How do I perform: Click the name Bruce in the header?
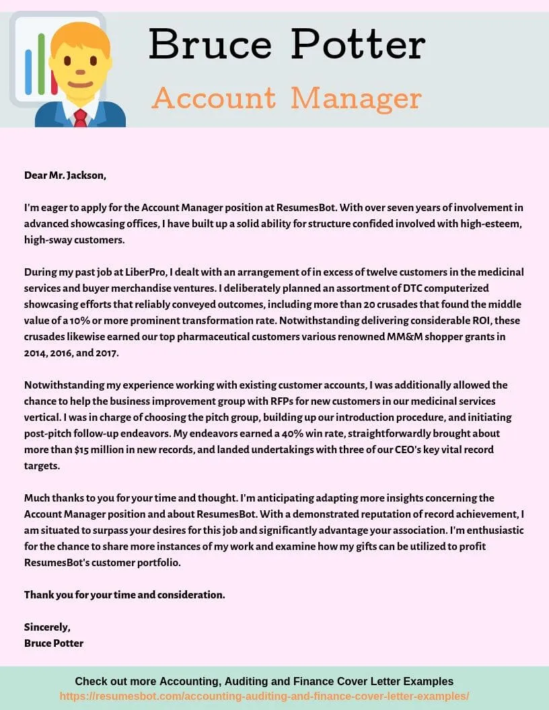[210, 45]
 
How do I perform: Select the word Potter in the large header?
[358, 45]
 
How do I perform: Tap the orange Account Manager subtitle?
[287, 99]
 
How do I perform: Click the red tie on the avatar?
[80, 118]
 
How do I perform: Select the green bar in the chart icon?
[41, 64]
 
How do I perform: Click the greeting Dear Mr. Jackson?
[65, 175]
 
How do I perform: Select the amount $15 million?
[87, 450]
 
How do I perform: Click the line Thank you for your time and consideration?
[124, 595]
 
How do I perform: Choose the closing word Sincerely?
[47, 627]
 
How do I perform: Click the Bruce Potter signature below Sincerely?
[54, 643]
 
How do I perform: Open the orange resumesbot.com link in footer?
[264, 696]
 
